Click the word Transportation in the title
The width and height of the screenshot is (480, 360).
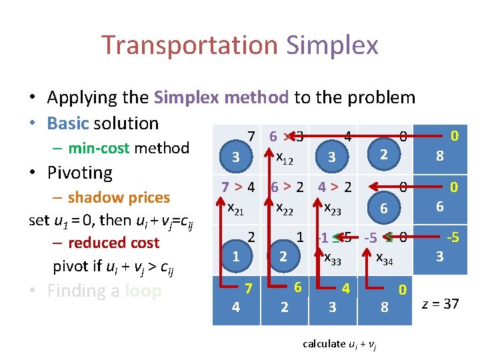[190, 45]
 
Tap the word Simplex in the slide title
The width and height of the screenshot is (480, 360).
[332, 45]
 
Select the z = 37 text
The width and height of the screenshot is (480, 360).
[440, 304]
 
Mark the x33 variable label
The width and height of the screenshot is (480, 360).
[331, 259]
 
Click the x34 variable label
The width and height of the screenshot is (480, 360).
[385, 259]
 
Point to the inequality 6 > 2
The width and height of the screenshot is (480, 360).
[288, 187]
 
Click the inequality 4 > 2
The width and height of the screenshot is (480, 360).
[335, 187]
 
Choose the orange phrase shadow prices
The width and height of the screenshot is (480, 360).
[119, 197]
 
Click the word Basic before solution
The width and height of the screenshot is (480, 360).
[68, 123]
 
